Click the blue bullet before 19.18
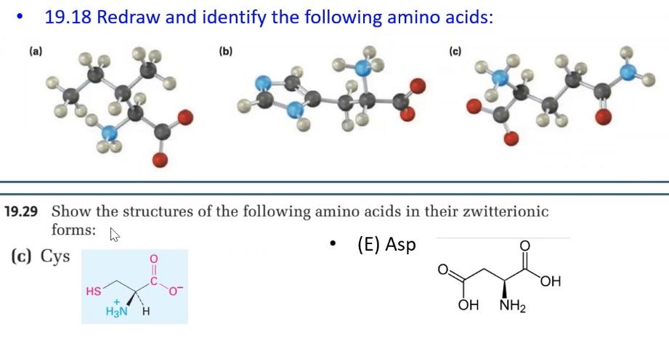(21, 17)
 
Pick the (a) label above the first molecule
(36, 51)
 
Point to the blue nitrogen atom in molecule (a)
(110, 133)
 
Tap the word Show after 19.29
(71, 212)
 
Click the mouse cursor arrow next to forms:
(113, 235)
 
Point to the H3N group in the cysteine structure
(116, 312)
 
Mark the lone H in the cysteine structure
(147, 312)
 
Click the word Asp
(400, 245)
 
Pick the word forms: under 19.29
(73, 230)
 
